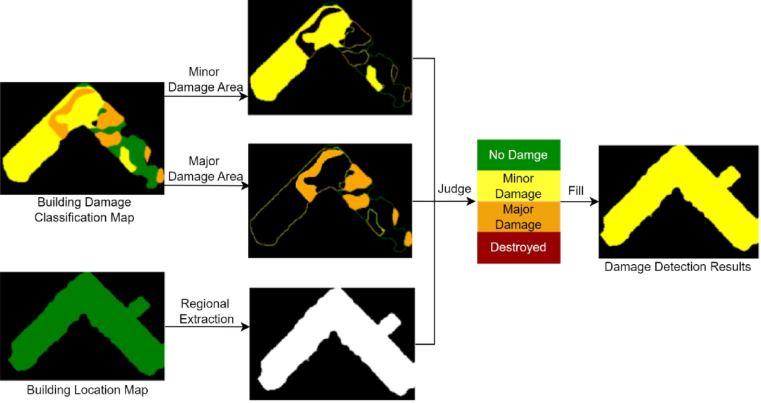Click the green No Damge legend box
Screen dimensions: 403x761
pyautogui.click(x=518, y=155)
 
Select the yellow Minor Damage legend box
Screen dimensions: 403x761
pyautogui.click(x=518, y=186)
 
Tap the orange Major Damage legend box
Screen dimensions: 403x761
pyautogui.click(x=518, y=217)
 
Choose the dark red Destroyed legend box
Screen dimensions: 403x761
pyautogui.click(x=518, y=247)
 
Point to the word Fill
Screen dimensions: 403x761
pyautogui.click(x=575, y=189)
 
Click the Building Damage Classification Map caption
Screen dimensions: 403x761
pyautogui.click(x=84, y=210)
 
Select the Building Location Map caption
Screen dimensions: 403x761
pyautogui.click(x=88, y=390)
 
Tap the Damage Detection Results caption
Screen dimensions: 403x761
pyautogui.click(x=677, y=267)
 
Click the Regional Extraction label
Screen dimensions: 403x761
pyautogui.click(x=205, y=311)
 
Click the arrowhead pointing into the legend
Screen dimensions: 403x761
pyautogui.click(x=472, y=201)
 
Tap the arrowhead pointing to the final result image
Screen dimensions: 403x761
pyautogui.click(x=594, y=201)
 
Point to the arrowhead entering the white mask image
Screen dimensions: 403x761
pyautogui.click(x=245, y=327)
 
